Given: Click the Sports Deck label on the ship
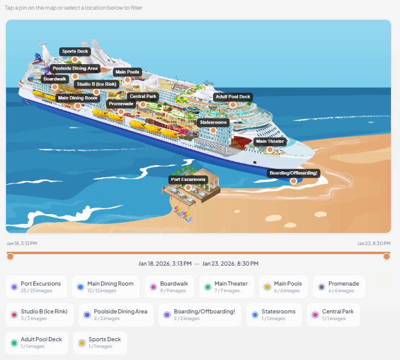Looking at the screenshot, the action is [x=75, y=51].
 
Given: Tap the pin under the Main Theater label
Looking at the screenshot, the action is [x=270, y=149].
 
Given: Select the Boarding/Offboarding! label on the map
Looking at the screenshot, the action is [x=293, y=172].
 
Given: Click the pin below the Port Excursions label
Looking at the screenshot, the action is [x=188, y=188].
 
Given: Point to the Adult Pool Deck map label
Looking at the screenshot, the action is [x=233, y=97].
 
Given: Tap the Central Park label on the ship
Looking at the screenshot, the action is [x=143, y=96].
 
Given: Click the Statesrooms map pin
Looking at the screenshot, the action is [x=213, y=130].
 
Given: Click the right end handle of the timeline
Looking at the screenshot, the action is [x=387, y=257].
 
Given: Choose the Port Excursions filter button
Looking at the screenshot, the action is [x=37, y=287].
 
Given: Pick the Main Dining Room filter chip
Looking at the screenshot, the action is [x=105, y=287].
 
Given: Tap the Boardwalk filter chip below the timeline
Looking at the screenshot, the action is [x=169, y=287].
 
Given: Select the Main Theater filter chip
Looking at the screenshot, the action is [x=226, y=287].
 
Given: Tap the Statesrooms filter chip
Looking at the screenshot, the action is [x=274, y=315].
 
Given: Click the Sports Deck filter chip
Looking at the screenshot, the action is [x=100, y=342].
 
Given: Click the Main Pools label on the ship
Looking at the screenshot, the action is [x=127, y=72].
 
